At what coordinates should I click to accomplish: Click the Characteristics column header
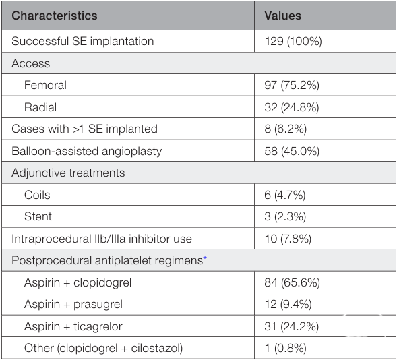pyautogui.click(x=55, y=16)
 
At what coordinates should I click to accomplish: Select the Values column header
pyautogui.click(x=283, y=16)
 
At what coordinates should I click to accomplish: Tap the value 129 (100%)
pyautogui.click(x=293, y=41)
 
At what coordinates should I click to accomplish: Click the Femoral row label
pyautogui.click(x=45, y=85)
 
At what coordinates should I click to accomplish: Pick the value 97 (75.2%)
pyautogui.click(x=292, y=85)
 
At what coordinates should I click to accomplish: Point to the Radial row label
pyautogui.click(x=40, y=107)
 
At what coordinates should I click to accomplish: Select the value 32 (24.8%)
pyautogui.click(x=292, y=107)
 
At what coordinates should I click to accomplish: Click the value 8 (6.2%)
pyautogui.click(x=286, y=129)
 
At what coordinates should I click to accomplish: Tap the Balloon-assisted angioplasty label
pyautogui.click(x=86, y=151)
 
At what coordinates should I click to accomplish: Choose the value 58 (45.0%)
pyautogui.click(x=292, y=151)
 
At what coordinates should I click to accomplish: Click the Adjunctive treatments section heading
pyautogui.click(x=68, y=173)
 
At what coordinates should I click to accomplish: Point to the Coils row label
pyautogui.click(x=37, y=195)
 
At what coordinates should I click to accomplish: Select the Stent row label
pyautogui.click(x=38, y=216)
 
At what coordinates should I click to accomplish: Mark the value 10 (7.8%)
pyautogui.click(x=288, y=239)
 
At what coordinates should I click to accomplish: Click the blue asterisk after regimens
pyautogui.click(x=205, y=258)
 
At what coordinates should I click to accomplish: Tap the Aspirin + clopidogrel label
pyautogui.click(x=78, y=282)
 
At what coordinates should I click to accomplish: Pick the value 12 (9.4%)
pyautogui.click(x=288, y=304)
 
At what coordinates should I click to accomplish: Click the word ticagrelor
pyautogui.click(x=98, y=326)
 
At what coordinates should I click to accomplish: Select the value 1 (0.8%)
pyautogui.click(x=286, y=348)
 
